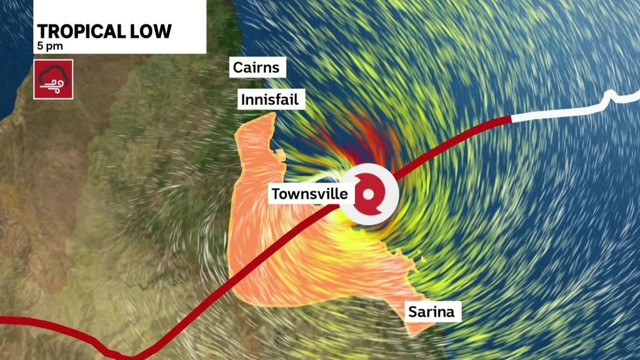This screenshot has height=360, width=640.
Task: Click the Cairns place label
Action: click(258, 67)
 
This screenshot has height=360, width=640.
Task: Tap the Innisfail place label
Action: click(271, 99)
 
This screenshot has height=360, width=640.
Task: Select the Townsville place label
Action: click(309, 194)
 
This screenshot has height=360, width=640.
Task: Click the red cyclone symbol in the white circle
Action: click(369, 194)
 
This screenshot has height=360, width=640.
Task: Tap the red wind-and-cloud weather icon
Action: click(53, 79)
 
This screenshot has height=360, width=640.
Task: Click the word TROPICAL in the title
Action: click(79, 31)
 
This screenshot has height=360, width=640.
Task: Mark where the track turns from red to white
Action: click(511, 118)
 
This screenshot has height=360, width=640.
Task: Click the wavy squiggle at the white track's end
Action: click(619, 96)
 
